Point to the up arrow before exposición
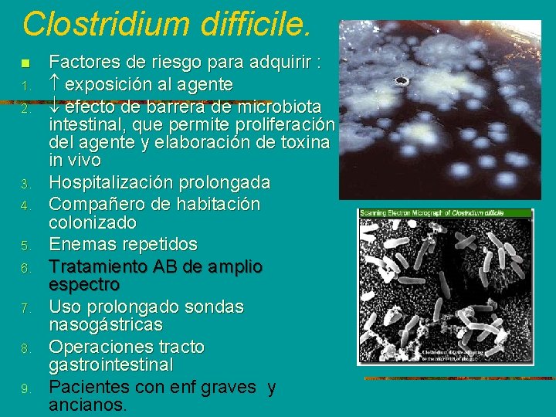click(x=54, y=83)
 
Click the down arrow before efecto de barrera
click(x=54, y=104)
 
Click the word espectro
click(x=83, y=284)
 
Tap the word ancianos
click(x=86, y=405)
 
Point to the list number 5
click(x=25, y=246)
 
